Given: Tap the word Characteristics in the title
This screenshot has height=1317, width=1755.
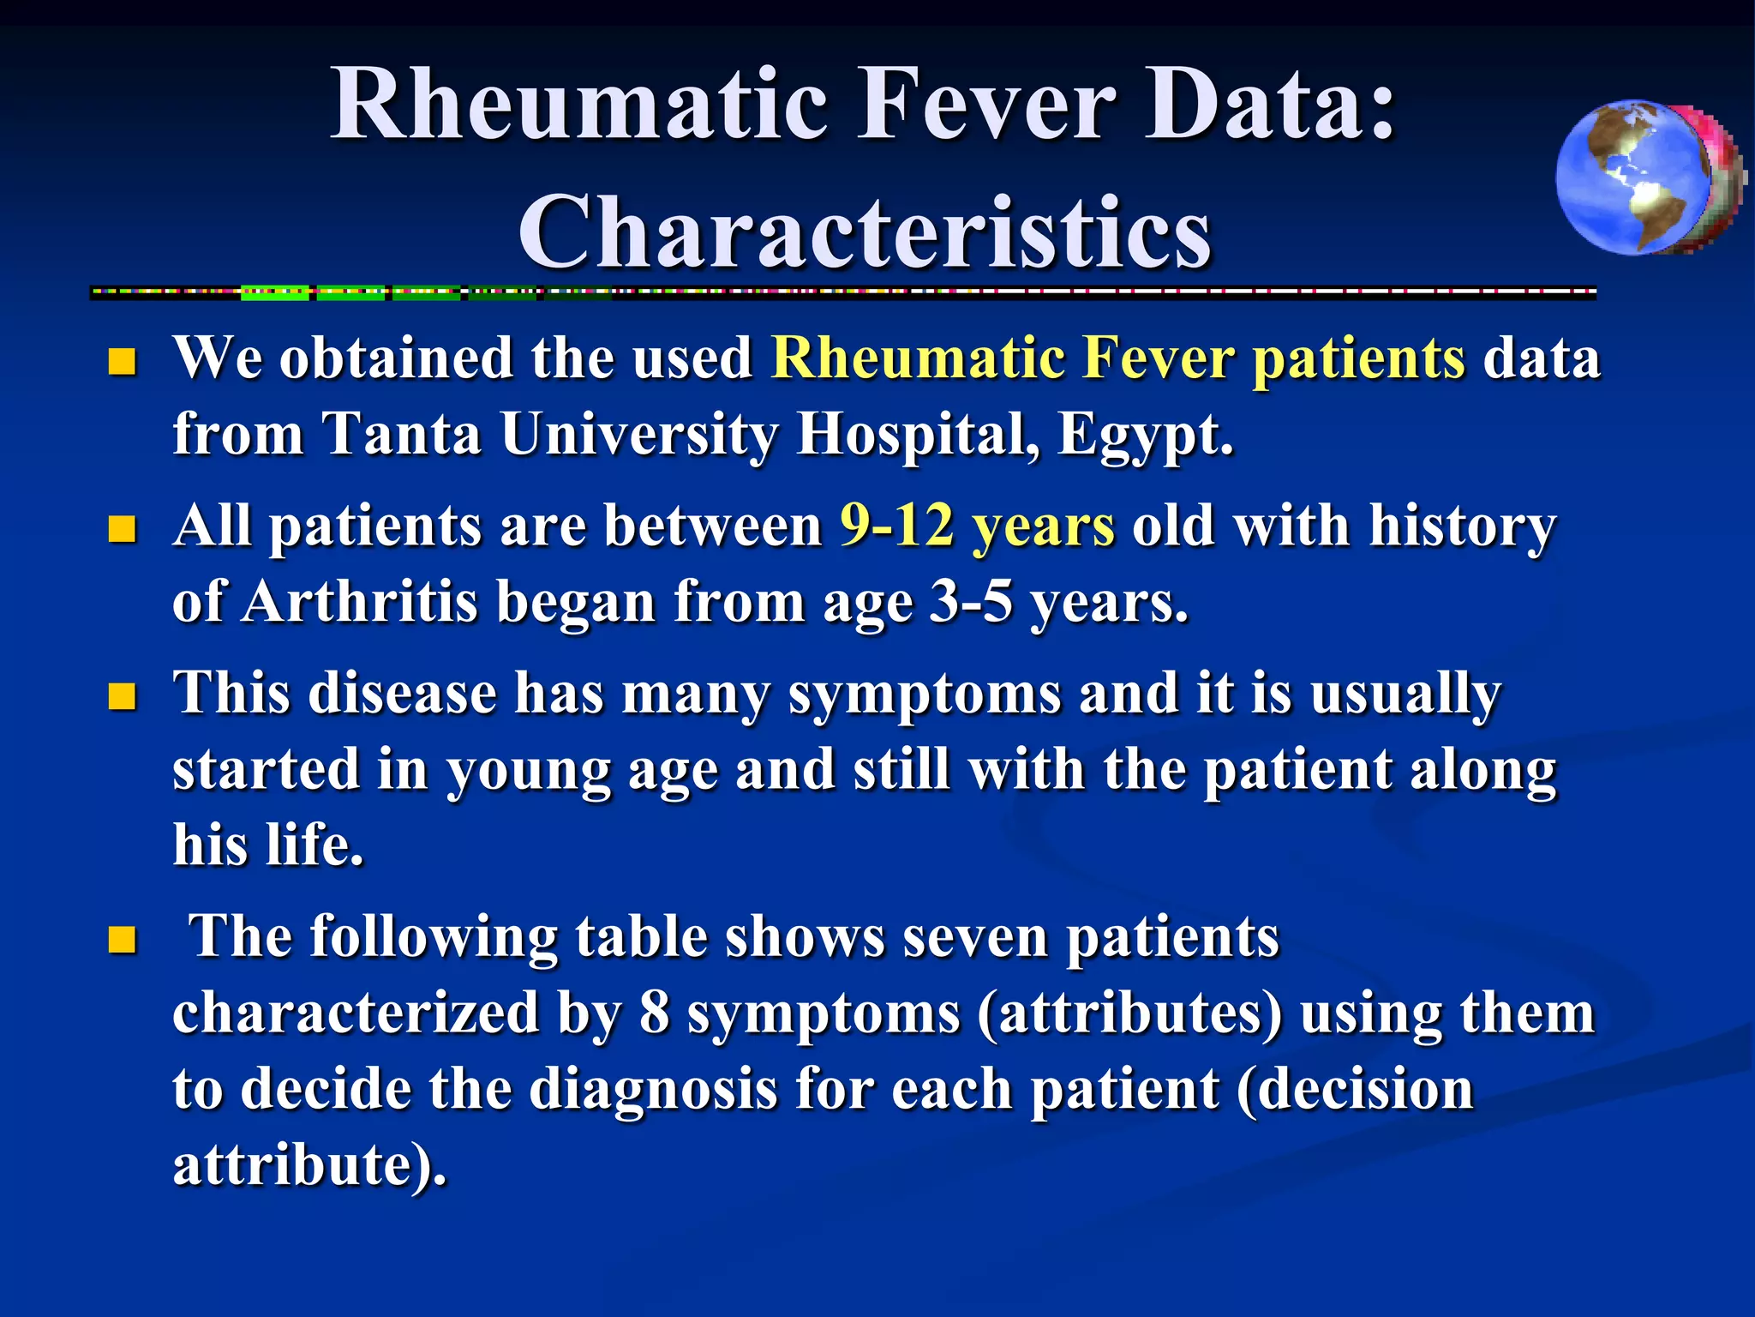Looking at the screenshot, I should [865, 233].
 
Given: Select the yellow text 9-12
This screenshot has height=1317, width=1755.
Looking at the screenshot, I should [896, 525].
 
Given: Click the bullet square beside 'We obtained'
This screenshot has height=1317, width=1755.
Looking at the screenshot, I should [123, 362].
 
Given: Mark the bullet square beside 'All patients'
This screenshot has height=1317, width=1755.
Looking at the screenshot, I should [123, 530].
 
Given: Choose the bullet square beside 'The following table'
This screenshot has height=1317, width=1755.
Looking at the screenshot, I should [123, 941].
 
